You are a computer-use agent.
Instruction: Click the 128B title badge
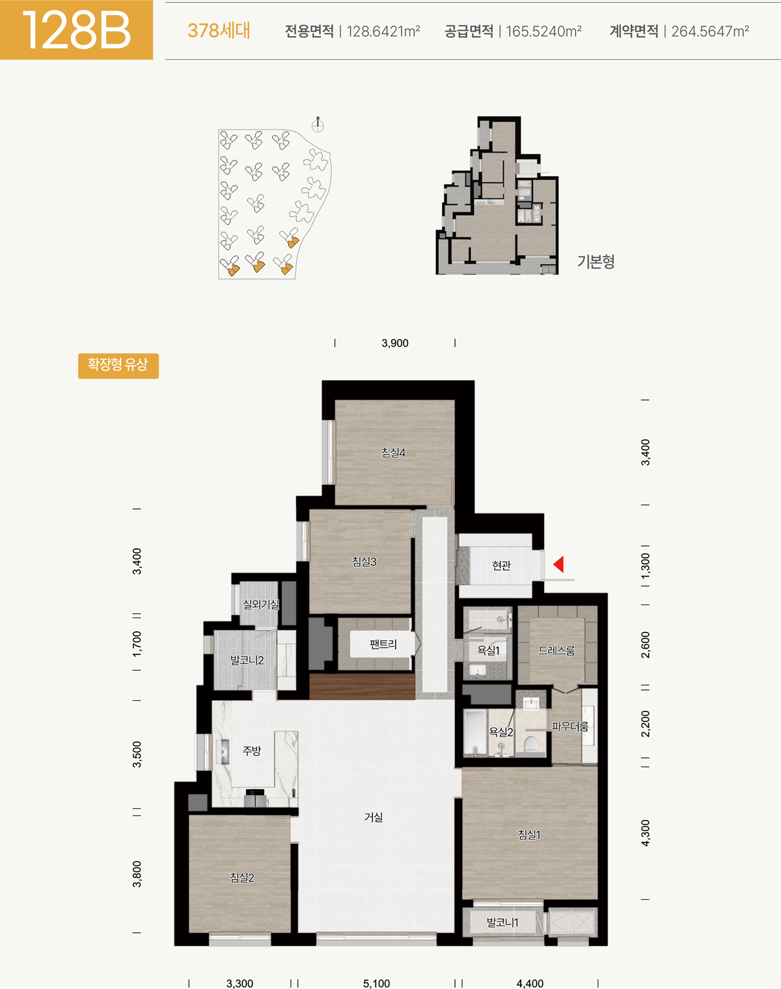click(76, 30)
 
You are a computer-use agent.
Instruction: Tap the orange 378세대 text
click(219, 31)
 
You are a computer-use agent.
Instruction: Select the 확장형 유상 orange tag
click(118, 366)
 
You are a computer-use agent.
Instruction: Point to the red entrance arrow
click(558, 564)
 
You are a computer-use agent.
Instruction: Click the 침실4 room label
click(394, 453)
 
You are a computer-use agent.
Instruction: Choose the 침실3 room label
click(364, 561)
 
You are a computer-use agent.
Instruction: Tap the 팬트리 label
click(383, 644)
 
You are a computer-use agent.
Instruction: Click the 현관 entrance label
click(501, 565)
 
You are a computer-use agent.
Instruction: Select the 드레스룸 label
click(556, 650)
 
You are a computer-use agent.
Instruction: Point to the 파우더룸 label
click(570, 726)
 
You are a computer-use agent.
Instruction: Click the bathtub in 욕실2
click(475, 733)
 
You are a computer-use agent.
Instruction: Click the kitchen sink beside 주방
click(225, 752)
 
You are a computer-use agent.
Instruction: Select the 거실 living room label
click(374, 817)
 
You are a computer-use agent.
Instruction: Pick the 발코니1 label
click(502, 923)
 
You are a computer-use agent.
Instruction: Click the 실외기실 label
click(261, 604)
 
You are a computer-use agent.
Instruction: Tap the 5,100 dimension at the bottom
click(376, 984)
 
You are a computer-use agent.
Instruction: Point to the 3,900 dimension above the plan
click(395, 343)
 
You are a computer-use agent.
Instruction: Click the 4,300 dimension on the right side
click(646, 833)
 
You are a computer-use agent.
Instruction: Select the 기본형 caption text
click(596, 262)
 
